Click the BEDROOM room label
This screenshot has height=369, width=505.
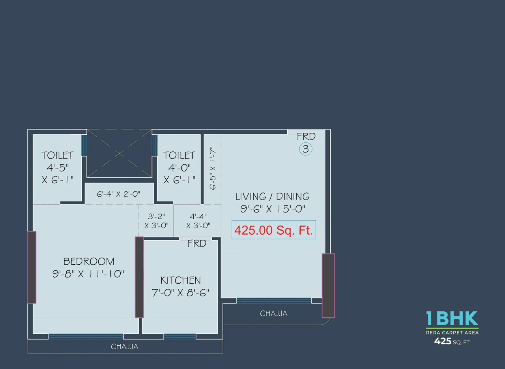point(89,262)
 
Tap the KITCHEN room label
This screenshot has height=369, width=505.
point(180,281)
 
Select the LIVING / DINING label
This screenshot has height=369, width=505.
point(272,197)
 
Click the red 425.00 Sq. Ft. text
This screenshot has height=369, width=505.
point(273,230)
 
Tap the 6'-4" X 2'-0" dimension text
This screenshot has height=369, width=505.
point(119,194)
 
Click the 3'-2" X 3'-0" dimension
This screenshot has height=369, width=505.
point(156,221)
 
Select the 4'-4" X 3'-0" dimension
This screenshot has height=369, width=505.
point(198,221)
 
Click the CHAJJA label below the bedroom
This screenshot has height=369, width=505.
point(125,347)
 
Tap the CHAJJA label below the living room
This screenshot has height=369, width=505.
point(274,314)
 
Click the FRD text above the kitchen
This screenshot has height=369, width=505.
point(197,244)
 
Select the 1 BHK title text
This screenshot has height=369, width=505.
point(452,318)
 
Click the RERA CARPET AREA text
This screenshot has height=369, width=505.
point(452,333)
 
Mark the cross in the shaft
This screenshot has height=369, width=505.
point(119,153)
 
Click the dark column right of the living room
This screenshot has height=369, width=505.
point(328,286)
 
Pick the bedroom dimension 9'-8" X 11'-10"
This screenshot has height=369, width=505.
point(88,274)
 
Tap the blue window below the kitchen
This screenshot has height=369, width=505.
point(180,337)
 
